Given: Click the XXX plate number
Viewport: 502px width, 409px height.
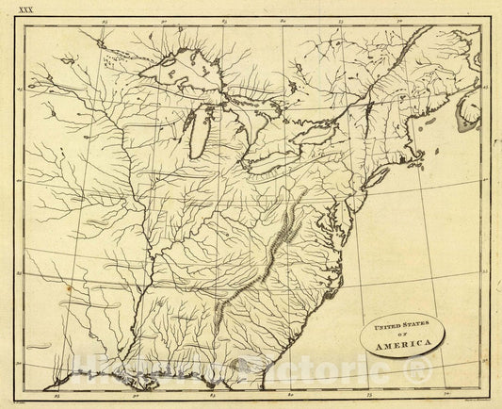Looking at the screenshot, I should pos(17,8).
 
